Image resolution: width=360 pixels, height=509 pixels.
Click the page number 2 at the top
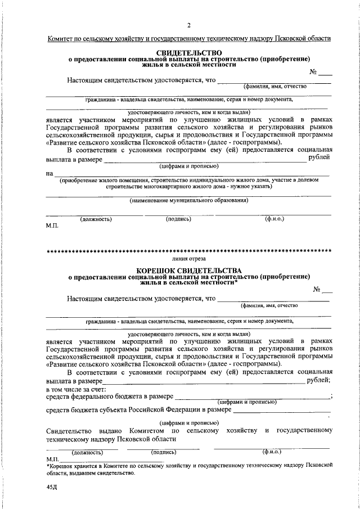pyautogui.click(x=189, y=25)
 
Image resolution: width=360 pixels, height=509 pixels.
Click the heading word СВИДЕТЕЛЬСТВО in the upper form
pyautogui.click(x=189, y=52)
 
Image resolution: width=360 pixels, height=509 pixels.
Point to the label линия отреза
pyautogui.click(x=189, y=259)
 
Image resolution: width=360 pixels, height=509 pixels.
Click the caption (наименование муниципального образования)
pyautogui.click(x=189, y=200)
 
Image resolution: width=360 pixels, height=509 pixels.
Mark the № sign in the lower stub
pyautogui.click(x=318, y=290)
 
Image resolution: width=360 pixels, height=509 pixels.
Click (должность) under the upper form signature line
pyautogui.click(x=96, y=219)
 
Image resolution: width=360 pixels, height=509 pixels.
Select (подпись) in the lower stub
pyautogui.click(x=164, y=452)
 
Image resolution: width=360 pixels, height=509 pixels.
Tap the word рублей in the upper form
pyautogui.click(x=319, y=159)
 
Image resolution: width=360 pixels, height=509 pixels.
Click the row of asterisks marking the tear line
pyautogui.click(x=189, y=250)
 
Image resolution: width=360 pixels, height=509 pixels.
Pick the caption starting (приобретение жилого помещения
pyautogui.click(x=189, y=183)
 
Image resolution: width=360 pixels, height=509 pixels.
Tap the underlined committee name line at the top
pyautogui.click(x=189, y=38)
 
